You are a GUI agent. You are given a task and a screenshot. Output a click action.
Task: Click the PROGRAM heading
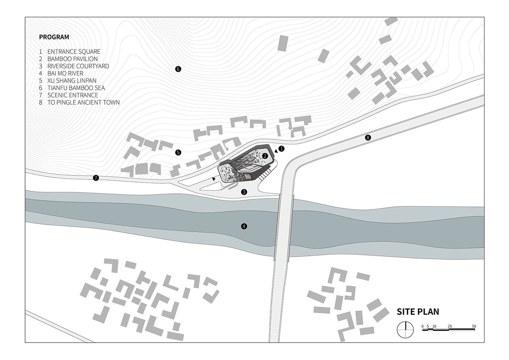[54, 37]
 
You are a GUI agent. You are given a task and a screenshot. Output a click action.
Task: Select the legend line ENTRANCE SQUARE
[74, 52]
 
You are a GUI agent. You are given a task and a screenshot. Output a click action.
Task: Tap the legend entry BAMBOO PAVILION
[72, 59]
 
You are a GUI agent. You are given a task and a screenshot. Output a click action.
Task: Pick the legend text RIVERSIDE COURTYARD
[78, 66]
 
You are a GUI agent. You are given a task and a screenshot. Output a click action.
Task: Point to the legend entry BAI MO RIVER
[66, 74]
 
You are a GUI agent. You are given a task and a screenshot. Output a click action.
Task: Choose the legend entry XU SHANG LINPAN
[72, 81]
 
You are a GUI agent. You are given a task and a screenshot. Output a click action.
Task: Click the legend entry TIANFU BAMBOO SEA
[76, 88]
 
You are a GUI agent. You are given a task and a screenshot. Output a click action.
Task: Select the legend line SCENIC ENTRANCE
[73, 95]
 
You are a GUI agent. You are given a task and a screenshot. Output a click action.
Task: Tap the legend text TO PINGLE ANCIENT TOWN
[84, 103]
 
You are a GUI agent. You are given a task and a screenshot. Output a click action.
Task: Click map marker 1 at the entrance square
[281, 149]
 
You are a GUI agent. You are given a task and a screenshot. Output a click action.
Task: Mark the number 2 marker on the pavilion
[265, 156]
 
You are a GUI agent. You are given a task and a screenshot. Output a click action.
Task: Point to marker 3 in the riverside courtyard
[244, 192]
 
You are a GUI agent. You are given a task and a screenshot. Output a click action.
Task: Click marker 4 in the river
[244, 226]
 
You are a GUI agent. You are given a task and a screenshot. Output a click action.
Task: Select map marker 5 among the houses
[178, 152]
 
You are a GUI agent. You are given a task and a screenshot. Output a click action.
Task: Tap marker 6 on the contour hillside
[178, 69]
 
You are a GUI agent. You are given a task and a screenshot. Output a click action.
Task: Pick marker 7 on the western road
[96, 178]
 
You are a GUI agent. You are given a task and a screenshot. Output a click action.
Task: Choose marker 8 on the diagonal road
[368, 138]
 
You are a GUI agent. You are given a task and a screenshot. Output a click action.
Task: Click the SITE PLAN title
[418, 312]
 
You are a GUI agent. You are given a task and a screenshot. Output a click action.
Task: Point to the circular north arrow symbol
[405, 329]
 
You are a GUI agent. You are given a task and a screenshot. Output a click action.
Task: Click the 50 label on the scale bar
[474, 326]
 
